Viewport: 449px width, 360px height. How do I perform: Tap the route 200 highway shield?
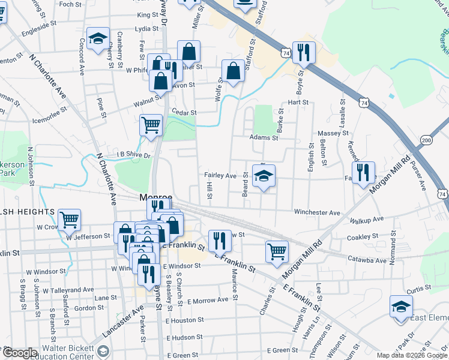click(426, 140)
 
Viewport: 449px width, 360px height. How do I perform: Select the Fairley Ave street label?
click(220, 175)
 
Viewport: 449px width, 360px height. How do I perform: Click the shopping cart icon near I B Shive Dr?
click(151, 125)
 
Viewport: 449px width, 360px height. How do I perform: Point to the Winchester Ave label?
click(317, 212)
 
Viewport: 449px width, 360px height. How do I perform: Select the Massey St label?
click(337, 132)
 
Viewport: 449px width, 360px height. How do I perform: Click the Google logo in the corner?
click(20, 353)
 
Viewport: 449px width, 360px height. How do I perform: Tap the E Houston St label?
click(185, 320)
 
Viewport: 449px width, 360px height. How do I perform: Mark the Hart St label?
click(298, 103)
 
